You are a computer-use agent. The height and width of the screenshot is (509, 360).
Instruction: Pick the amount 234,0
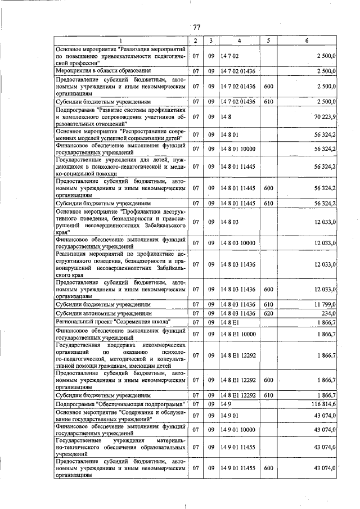328,313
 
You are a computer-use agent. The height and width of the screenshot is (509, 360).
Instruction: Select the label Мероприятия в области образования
102,71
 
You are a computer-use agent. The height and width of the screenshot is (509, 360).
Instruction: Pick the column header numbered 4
238,40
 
